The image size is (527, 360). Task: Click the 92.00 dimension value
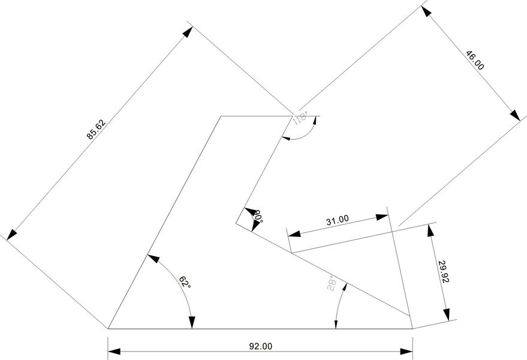260,346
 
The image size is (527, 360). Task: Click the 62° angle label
185,281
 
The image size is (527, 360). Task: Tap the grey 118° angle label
300,117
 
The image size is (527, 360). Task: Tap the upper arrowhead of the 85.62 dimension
186,34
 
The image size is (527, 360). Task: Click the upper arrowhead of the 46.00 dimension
427,14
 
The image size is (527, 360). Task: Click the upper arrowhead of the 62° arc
151,259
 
